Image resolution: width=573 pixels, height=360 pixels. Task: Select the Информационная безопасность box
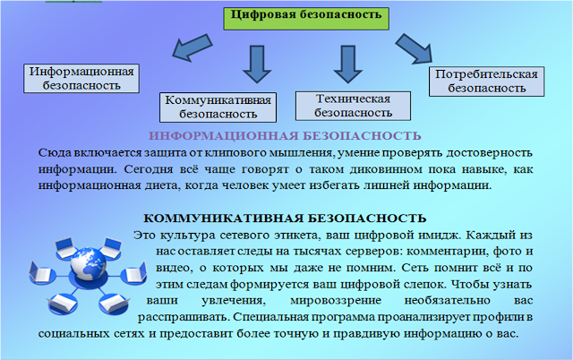[82, 79]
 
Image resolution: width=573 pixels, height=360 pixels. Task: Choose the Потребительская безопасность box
[486, 81]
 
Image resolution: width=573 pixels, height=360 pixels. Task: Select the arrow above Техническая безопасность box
[342, 63]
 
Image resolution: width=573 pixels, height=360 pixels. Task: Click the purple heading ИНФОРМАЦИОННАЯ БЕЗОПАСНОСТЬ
[284, 135]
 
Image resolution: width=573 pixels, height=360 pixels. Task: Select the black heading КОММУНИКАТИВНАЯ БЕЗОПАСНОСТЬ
[285, 218]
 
